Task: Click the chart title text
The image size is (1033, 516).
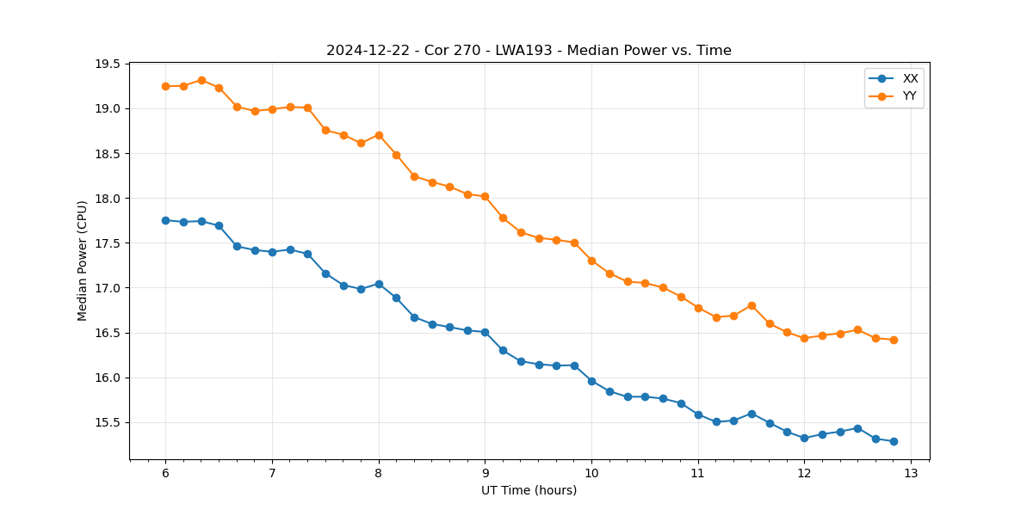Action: click(529, 51)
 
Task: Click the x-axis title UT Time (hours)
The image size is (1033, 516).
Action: click(529, 491)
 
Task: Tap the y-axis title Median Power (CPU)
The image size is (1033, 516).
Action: click(83, 261)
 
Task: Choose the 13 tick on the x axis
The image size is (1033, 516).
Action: click(911, 474)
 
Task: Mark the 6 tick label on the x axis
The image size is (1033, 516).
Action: click(165, 474)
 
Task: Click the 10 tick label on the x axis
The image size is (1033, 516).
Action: click(591, 474)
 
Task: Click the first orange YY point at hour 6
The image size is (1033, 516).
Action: click(165, 86)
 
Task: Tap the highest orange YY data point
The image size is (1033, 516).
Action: click(201, 80)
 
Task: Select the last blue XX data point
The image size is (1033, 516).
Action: click(894, 441)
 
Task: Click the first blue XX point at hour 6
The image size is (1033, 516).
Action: click(165, 220)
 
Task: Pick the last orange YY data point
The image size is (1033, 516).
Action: click(894, 340)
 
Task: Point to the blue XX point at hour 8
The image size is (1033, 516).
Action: click(379, 284)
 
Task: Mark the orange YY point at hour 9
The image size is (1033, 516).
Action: click(485, 196)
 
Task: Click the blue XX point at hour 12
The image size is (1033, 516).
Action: click(804, 438)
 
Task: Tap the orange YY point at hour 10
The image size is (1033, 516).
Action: click(591, 261)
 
